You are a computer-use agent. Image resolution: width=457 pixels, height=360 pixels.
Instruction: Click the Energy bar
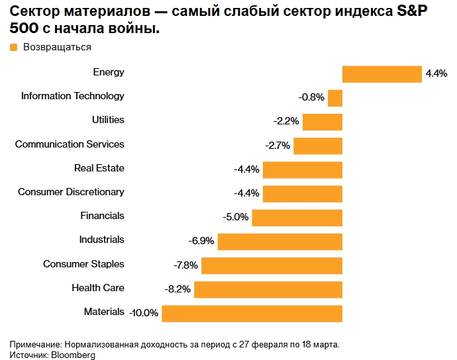381,74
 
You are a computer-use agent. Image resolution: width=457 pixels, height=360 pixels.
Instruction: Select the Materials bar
252,313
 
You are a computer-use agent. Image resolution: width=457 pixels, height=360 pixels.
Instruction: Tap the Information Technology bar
335,98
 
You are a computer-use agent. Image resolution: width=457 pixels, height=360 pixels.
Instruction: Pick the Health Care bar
268,289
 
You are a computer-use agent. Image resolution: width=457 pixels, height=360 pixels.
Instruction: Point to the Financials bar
297,218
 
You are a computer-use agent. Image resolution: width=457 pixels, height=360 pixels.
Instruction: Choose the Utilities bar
323,122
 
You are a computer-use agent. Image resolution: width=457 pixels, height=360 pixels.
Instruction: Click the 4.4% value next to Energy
437,73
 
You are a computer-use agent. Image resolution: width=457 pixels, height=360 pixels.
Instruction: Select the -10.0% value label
144,313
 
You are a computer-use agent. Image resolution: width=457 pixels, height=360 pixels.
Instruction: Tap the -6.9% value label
201,242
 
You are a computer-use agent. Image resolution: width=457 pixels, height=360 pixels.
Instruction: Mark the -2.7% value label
278,146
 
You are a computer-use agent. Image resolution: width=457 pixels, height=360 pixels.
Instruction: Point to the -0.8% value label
311,98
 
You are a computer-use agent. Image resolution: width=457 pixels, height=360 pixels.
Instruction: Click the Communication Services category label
70,144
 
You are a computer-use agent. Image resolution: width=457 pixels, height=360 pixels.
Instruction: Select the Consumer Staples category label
83,264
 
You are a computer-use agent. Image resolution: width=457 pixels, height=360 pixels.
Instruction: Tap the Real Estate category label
99,168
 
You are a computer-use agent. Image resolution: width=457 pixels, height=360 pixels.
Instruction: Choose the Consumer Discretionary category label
71,192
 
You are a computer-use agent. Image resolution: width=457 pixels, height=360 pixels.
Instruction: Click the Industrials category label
101,240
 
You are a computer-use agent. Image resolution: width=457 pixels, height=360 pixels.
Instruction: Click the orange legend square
14,48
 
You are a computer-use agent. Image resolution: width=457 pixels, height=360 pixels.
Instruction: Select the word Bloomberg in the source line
74,355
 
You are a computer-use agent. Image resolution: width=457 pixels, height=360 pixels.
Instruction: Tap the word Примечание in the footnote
35,345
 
